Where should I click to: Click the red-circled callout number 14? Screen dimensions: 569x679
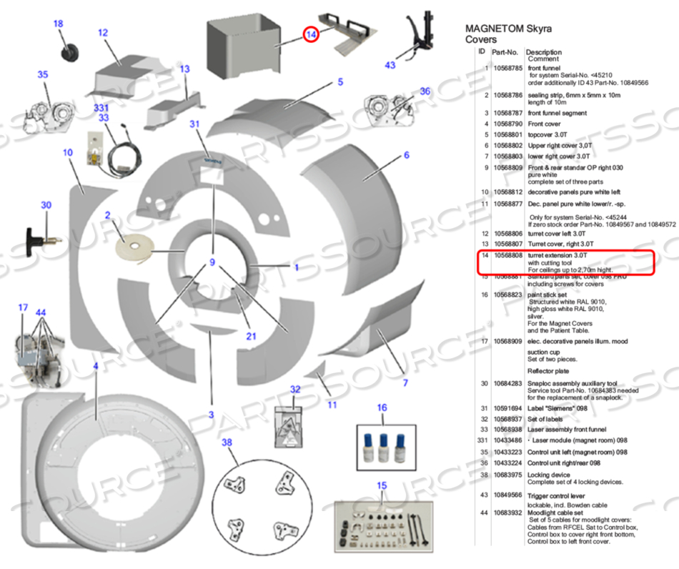310,34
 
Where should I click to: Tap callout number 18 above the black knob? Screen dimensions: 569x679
59,24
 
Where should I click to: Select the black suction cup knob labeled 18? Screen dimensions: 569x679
70,52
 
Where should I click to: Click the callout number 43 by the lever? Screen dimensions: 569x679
390,65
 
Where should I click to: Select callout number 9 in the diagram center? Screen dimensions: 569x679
212,263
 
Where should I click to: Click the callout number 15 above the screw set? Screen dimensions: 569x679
382,486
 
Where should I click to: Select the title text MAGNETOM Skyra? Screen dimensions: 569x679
508,29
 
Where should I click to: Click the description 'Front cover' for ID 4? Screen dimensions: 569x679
545,124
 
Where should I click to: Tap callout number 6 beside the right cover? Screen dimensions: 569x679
406,155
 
